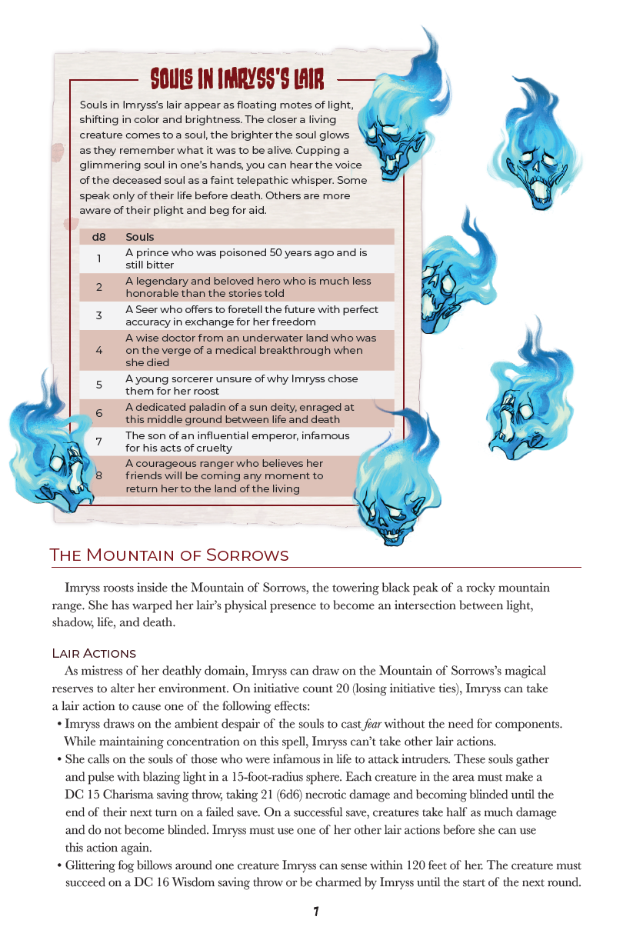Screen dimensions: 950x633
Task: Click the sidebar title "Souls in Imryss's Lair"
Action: pyautogui.click(x=237, y=78)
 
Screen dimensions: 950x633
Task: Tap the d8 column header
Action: pyautogui.click(x=98, y=237)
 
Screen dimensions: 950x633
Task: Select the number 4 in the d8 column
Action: pyautogui.click(x=98, y=350)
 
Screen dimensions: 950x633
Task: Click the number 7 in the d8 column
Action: pyautogui.click(x=98, y=442)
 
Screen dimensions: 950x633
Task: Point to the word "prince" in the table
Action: pyautogui.click(x=151, y=252)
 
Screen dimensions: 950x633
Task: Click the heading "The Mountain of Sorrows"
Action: pyautogui.click(x=169, y=555)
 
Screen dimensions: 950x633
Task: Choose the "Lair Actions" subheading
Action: pyautogui.click(x=94, y=653)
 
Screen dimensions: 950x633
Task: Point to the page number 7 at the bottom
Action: pyautogui.click(x=316, y=912)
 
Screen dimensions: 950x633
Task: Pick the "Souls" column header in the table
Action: pyautogui.click(x=140, y=237)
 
